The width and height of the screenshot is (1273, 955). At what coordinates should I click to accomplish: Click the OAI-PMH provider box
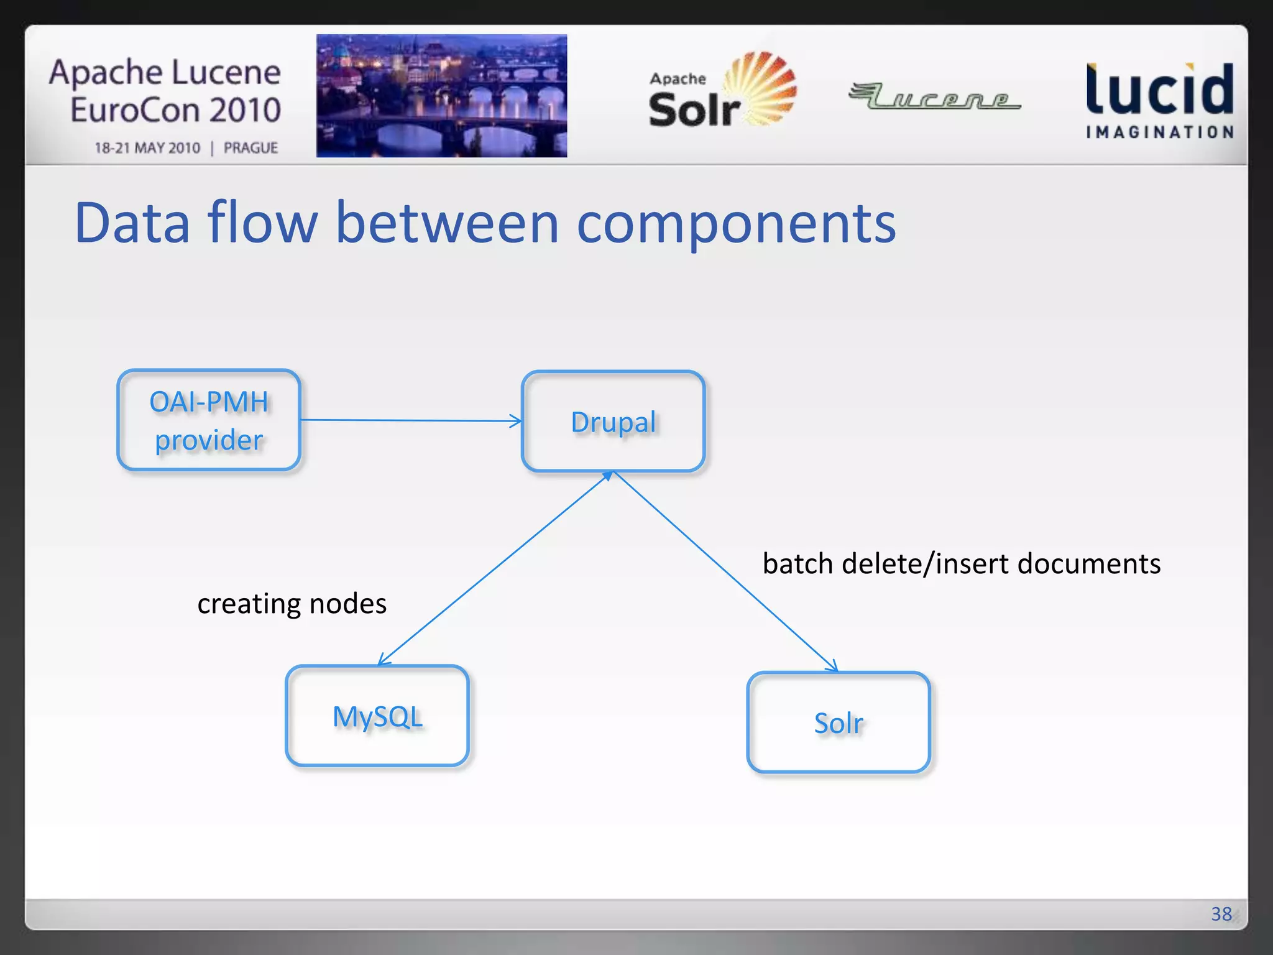tap(209, 420)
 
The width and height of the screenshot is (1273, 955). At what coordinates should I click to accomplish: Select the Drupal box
tap(613, 422)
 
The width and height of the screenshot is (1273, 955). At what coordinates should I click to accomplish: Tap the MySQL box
tap(377, 716)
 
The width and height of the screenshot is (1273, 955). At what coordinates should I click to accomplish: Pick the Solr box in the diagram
tap(838, 722)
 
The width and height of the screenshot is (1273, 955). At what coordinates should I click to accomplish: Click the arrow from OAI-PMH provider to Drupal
tap(410, 420)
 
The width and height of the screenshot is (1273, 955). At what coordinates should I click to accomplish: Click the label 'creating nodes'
tap(292, 604)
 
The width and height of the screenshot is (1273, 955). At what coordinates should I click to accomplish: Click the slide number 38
tap(1221, 913)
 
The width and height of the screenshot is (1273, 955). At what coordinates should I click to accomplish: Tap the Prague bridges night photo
tap(441, 96)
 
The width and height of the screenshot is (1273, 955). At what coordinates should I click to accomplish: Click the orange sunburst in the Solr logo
tap(762, 87)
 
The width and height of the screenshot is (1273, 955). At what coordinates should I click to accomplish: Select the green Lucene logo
tap(934, 96)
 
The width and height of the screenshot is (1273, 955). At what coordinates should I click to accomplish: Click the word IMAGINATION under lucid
tap(1160, 132)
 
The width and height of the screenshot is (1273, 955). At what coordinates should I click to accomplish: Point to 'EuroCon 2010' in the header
tap(175, 110)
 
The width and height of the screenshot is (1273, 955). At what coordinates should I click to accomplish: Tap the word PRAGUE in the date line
tap(250, 148)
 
